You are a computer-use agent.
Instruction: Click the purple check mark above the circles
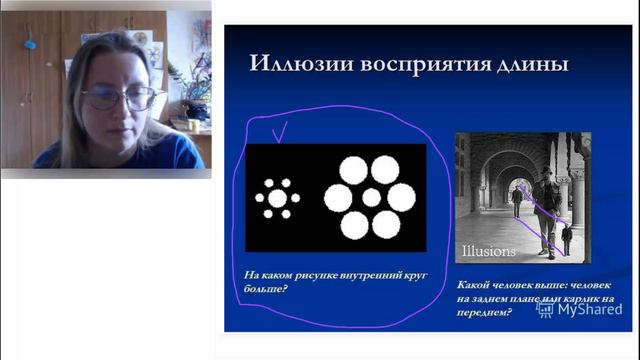280,129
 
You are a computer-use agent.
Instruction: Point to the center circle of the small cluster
278,198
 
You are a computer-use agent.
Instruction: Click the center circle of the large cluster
371,198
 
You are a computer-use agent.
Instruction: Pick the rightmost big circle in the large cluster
401,198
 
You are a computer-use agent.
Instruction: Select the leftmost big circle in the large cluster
339,198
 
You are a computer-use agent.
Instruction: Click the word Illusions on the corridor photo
489,251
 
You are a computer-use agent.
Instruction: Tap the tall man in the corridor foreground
545,210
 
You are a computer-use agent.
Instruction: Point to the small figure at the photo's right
567,238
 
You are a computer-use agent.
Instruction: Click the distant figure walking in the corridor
517,201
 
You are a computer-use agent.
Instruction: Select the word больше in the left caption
261,290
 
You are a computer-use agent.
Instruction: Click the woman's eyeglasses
119,98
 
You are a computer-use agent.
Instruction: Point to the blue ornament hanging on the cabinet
30,44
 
